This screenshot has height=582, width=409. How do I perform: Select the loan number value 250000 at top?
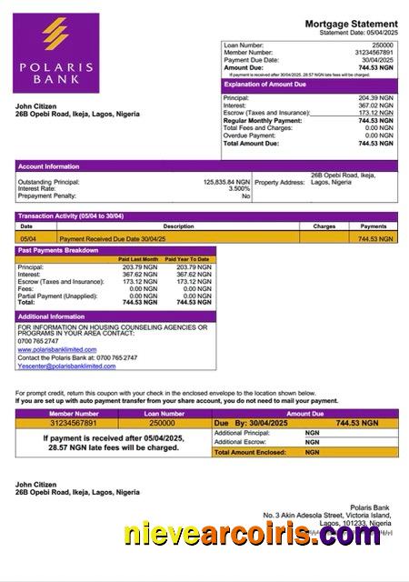click(383, 45)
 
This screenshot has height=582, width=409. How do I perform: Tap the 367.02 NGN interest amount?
click(376, 105)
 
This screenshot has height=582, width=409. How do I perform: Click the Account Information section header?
click(48, 166)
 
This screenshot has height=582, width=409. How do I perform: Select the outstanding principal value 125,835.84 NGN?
click(226, 182)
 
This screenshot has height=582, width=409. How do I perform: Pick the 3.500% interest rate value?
click(238, 189)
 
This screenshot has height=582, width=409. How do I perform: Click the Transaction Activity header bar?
click(72, 216)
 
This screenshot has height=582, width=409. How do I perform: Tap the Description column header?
click(178, 226)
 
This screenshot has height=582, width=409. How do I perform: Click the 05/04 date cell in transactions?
click(27, 238)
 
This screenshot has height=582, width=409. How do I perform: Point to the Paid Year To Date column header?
click(187, 259)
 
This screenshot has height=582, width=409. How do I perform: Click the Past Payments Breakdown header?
click(58, 249)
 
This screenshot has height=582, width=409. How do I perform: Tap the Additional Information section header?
click(51, 316)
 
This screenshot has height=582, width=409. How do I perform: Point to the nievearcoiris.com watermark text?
click(253, 536)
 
